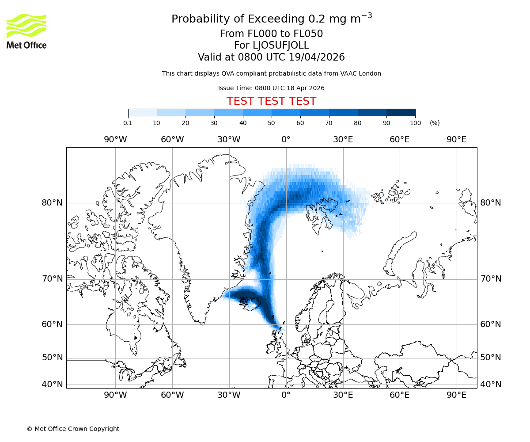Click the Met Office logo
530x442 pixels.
[26, 31]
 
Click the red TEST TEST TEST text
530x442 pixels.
[271, 101]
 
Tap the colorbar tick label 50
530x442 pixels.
[272, 123]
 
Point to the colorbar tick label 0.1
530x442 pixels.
[128, 123]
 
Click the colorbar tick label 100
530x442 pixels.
[415, 123]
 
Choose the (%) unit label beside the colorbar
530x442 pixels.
[435, 123]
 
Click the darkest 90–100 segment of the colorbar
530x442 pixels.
[401, 112]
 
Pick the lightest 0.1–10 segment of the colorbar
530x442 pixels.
[142, 112]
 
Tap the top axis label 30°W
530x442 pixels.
[229, 140]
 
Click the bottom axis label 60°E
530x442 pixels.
[400, 395]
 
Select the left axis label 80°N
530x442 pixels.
[52, 203]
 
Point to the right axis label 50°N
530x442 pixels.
[491, 358]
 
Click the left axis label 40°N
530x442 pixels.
[52, 385]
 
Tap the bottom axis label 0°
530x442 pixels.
[286, 395]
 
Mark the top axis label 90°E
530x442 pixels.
[456, 140]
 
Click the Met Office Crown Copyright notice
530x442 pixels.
[73, 429]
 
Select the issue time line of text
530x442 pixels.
[271, 88]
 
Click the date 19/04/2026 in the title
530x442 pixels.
[317, 57]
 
